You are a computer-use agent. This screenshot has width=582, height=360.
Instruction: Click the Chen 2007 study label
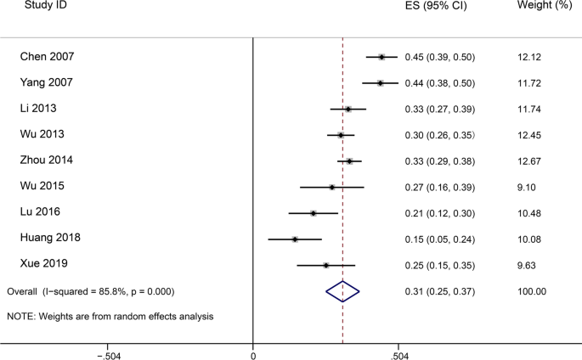coord(47,57)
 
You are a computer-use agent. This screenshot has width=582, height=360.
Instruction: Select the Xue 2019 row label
coord(44,264)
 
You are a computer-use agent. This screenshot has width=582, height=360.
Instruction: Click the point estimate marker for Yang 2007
coord(380,83)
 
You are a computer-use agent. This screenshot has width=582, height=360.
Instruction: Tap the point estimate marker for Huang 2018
coord(295,239)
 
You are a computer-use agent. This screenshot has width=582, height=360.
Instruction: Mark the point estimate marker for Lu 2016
coord(314,213)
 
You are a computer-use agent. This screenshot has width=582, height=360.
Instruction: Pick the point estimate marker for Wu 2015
coord(331,187)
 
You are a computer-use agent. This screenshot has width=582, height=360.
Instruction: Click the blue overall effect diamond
coord(342,291)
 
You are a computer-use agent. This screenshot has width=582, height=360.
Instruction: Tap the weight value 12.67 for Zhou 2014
coord(528,161)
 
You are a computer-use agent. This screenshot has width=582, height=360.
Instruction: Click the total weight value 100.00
coord(531,291)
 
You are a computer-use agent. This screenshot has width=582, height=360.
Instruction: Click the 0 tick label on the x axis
coord(253,354)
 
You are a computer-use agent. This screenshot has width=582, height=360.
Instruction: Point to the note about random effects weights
coord(110,316)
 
